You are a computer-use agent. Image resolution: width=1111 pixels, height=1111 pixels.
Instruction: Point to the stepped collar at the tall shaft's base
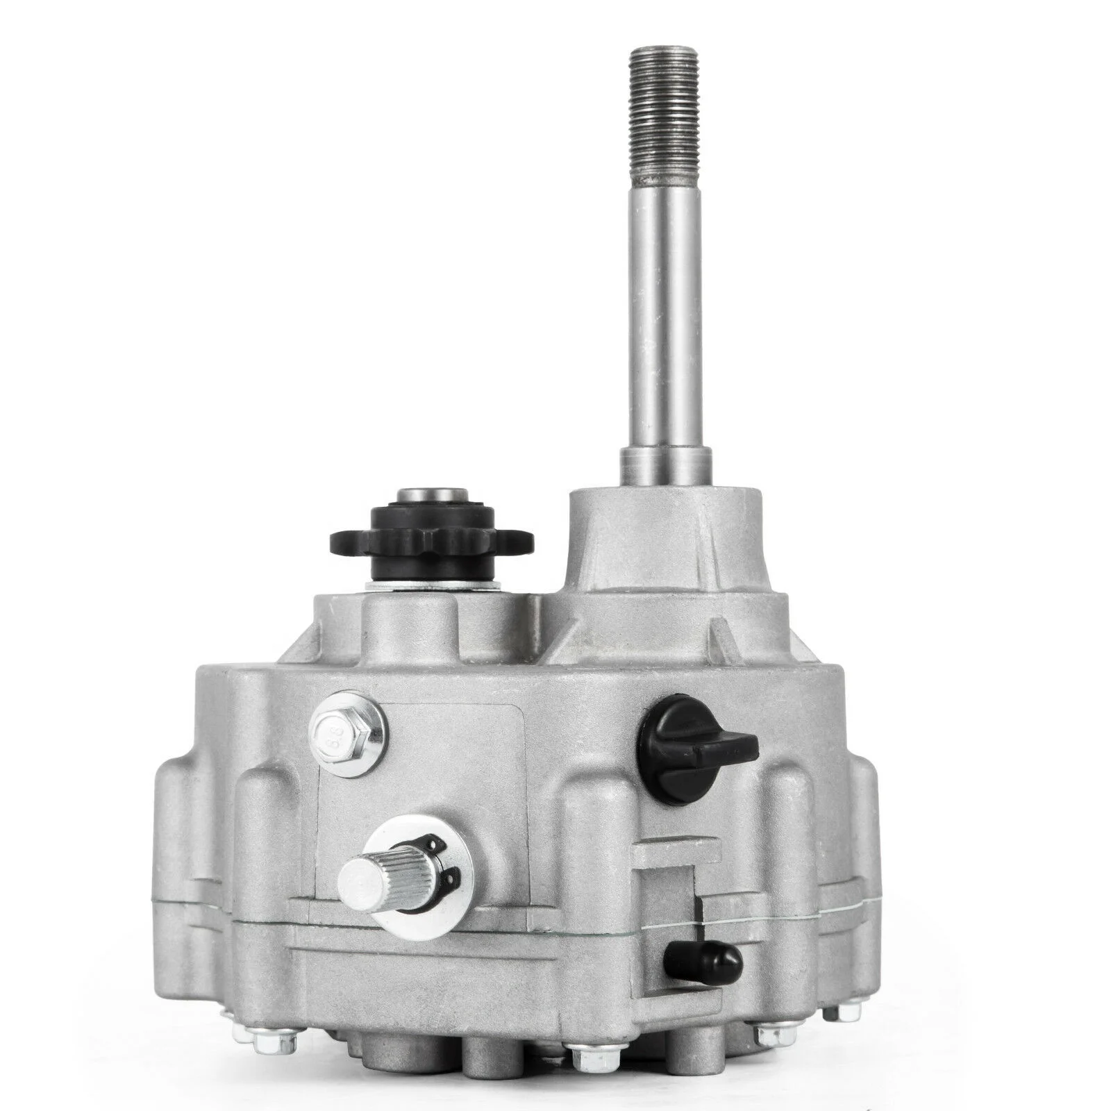665,464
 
